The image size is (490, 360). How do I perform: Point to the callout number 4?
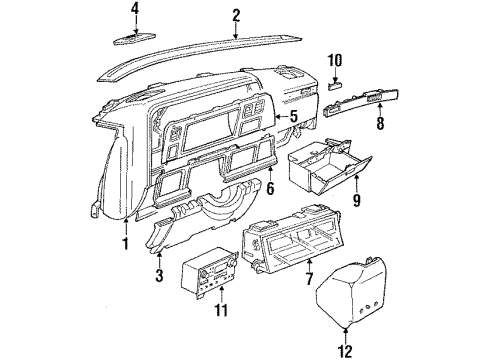(136, 12)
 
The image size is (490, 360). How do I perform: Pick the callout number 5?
(294, 116)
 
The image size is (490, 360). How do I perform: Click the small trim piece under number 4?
(138, 38)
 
